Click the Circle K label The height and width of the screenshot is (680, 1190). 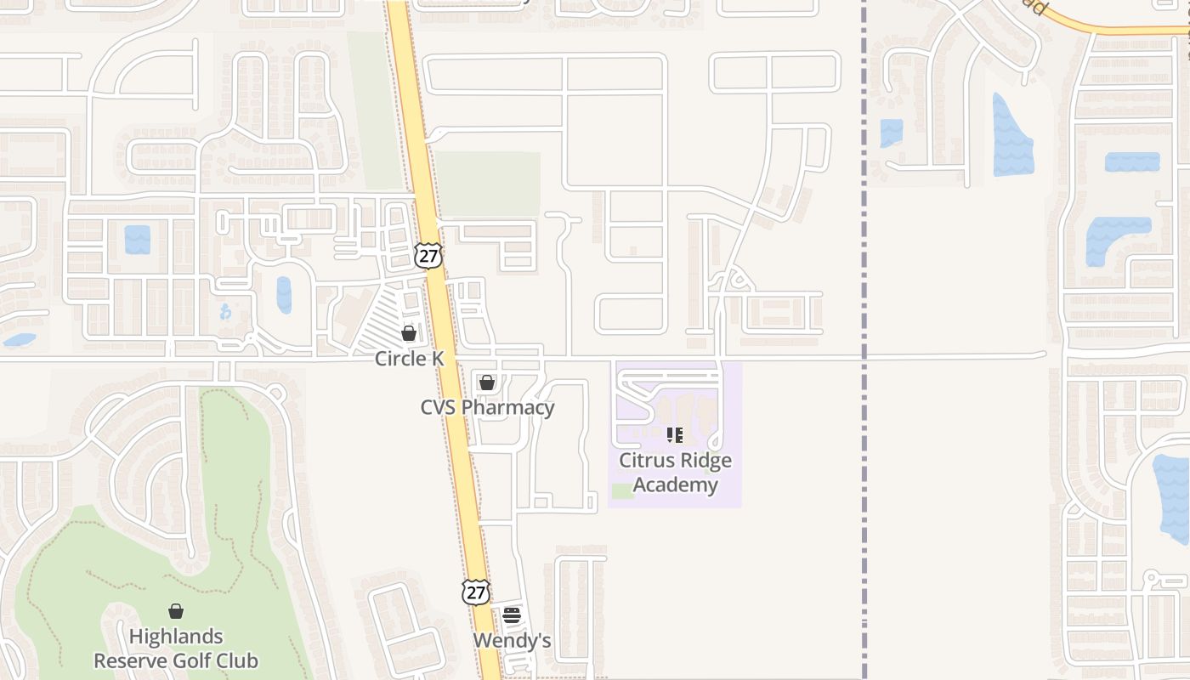coord(409,359)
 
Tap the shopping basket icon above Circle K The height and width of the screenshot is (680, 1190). coord(409,333)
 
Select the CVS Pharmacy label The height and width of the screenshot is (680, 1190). coord(487,407)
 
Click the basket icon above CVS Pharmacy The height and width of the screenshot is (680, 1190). coord(487,383)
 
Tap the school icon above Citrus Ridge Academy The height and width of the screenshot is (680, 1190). coord(675,436)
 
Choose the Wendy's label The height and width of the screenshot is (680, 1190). coord(512,640)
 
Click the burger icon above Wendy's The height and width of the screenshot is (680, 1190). coord(512,615)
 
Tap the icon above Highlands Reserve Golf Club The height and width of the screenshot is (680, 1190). coord(176,611)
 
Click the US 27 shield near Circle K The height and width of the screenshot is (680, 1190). coord(429,256)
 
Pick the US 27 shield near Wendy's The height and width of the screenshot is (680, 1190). coord(476,592)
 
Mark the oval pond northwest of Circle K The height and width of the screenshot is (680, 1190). coord(284,295)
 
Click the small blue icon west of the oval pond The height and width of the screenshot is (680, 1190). coord(225,312)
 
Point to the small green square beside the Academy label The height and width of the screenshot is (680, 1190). coord(622,490)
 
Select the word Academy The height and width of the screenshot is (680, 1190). coord(676,485)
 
